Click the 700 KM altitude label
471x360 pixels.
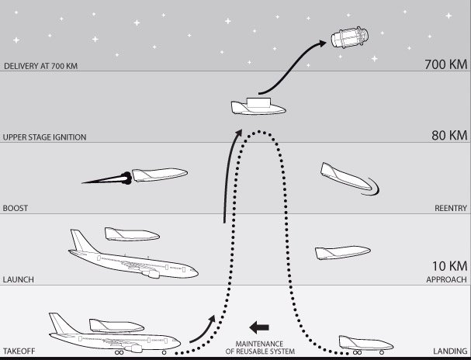point(446,64)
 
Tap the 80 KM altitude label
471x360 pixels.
point(449,136)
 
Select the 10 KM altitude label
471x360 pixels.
point(450,266)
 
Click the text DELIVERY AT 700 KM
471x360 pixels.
point(40,66)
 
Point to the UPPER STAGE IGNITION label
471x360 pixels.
point(44,137)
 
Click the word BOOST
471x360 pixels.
point(16,208)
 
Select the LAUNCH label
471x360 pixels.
point(19,279)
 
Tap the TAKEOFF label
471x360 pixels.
point(19,351)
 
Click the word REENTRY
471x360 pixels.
point(451,208)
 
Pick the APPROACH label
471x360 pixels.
point(447,279)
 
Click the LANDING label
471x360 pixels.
point(450,351)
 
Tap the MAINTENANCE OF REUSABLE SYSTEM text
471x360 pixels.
point(260,348)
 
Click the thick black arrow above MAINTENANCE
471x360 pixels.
point(259,327)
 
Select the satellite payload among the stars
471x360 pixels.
point(350,37)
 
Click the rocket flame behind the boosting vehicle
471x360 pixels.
point(107,179)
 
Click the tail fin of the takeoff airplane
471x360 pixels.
point(61,323)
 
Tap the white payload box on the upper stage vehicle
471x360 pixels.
point(258,102)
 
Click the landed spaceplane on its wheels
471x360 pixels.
point(366,344)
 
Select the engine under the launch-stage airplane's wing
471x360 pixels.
point(154,274)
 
